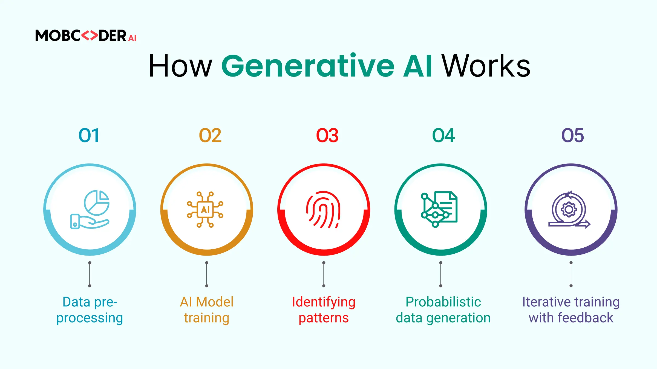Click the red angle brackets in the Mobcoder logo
click(x=90, y=36)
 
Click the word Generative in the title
click(x=308, y=66)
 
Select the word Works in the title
click(x=486, y=66)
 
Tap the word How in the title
click(x=180, y=66)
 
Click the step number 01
click(x=89, y=135)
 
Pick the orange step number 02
click(x=210, y=135)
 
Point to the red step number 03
click(x=327, y=135)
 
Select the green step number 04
click(x=443, y=135)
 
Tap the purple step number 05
click(x=573, y=135)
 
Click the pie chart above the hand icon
click(x=97, y=203)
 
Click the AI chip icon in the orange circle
click(x=205, y=210)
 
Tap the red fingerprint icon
click(x=323, y=210)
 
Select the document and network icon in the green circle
click(x=439, y=209)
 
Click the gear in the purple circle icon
click(x=569, y=210)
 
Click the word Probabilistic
click(x=443, y=302)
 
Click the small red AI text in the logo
click(x=132, y=38)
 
